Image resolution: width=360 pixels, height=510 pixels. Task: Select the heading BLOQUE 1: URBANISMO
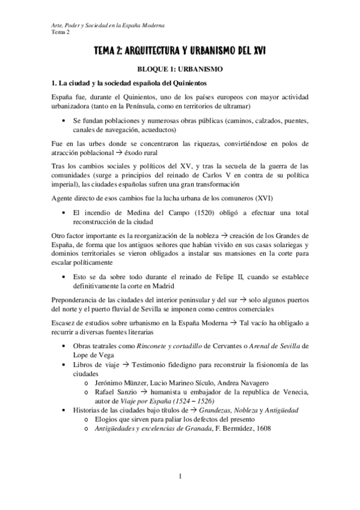tap(180, 69)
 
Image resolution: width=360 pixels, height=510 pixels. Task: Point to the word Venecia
tap(294, 392)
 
